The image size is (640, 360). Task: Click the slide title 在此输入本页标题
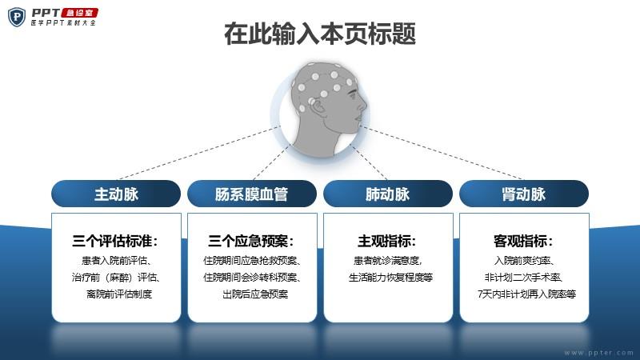click(320, 34)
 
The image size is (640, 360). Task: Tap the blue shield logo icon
click(17, 17)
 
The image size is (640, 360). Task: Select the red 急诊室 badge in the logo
click(80, 13)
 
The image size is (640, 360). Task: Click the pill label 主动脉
click(116, 194)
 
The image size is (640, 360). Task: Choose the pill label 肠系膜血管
click(252, 194)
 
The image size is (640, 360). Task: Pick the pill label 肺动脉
click(388, 194)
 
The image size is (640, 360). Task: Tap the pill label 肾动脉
click(524, 194)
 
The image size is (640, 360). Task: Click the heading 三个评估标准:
click(115, 241)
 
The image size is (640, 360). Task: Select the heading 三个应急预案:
click(251, 241)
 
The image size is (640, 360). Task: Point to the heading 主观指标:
click(387, 241)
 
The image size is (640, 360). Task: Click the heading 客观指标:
click(523, 241)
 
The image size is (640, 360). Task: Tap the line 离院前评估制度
click(119, 294)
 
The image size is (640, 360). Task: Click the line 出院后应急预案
click(255, 294)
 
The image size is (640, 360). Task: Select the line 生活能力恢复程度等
click(390, 278)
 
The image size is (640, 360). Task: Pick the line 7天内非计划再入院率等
click(526, 294)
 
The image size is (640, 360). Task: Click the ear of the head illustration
click(317, 106)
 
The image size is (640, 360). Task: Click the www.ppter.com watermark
click(598, 353)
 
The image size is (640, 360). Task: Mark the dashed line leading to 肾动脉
click(442, 153)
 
